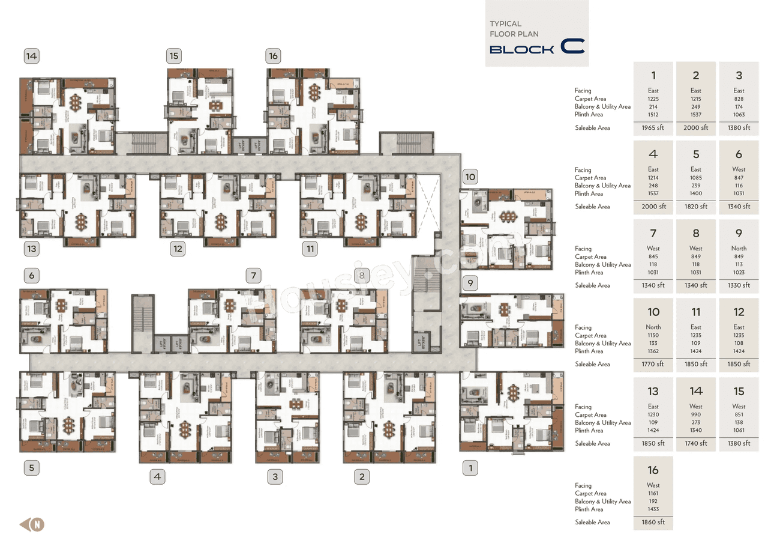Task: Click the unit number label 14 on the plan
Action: click(31, 56)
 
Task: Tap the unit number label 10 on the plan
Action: click(470, 177)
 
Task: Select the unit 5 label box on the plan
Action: click(31, 468)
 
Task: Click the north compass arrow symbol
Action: click(32, 524)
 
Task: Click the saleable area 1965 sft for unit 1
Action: click(653, 128)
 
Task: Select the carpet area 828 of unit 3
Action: click(739, 99)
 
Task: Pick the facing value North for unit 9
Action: click(739, 249)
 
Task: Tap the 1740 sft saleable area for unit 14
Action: click(695, 443)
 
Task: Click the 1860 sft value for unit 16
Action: click(653, 523)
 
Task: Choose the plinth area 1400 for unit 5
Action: click(695, 193)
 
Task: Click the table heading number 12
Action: click(739, 312)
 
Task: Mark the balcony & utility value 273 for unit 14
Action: click(695, 423)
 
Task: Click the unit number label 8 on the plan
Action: click(362, 276)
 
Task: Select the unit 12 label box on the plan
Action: click(177, 249)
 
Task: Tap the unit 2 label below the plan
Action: click(361, 478)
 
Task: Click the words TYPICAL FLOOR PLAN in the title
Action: click(514, 29)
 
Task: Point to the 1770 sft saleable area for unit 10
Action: click(653, 364)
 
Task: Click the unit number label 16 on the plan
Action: click(273, 56)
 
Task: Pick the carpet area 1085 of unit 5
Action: click(695, 178)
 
